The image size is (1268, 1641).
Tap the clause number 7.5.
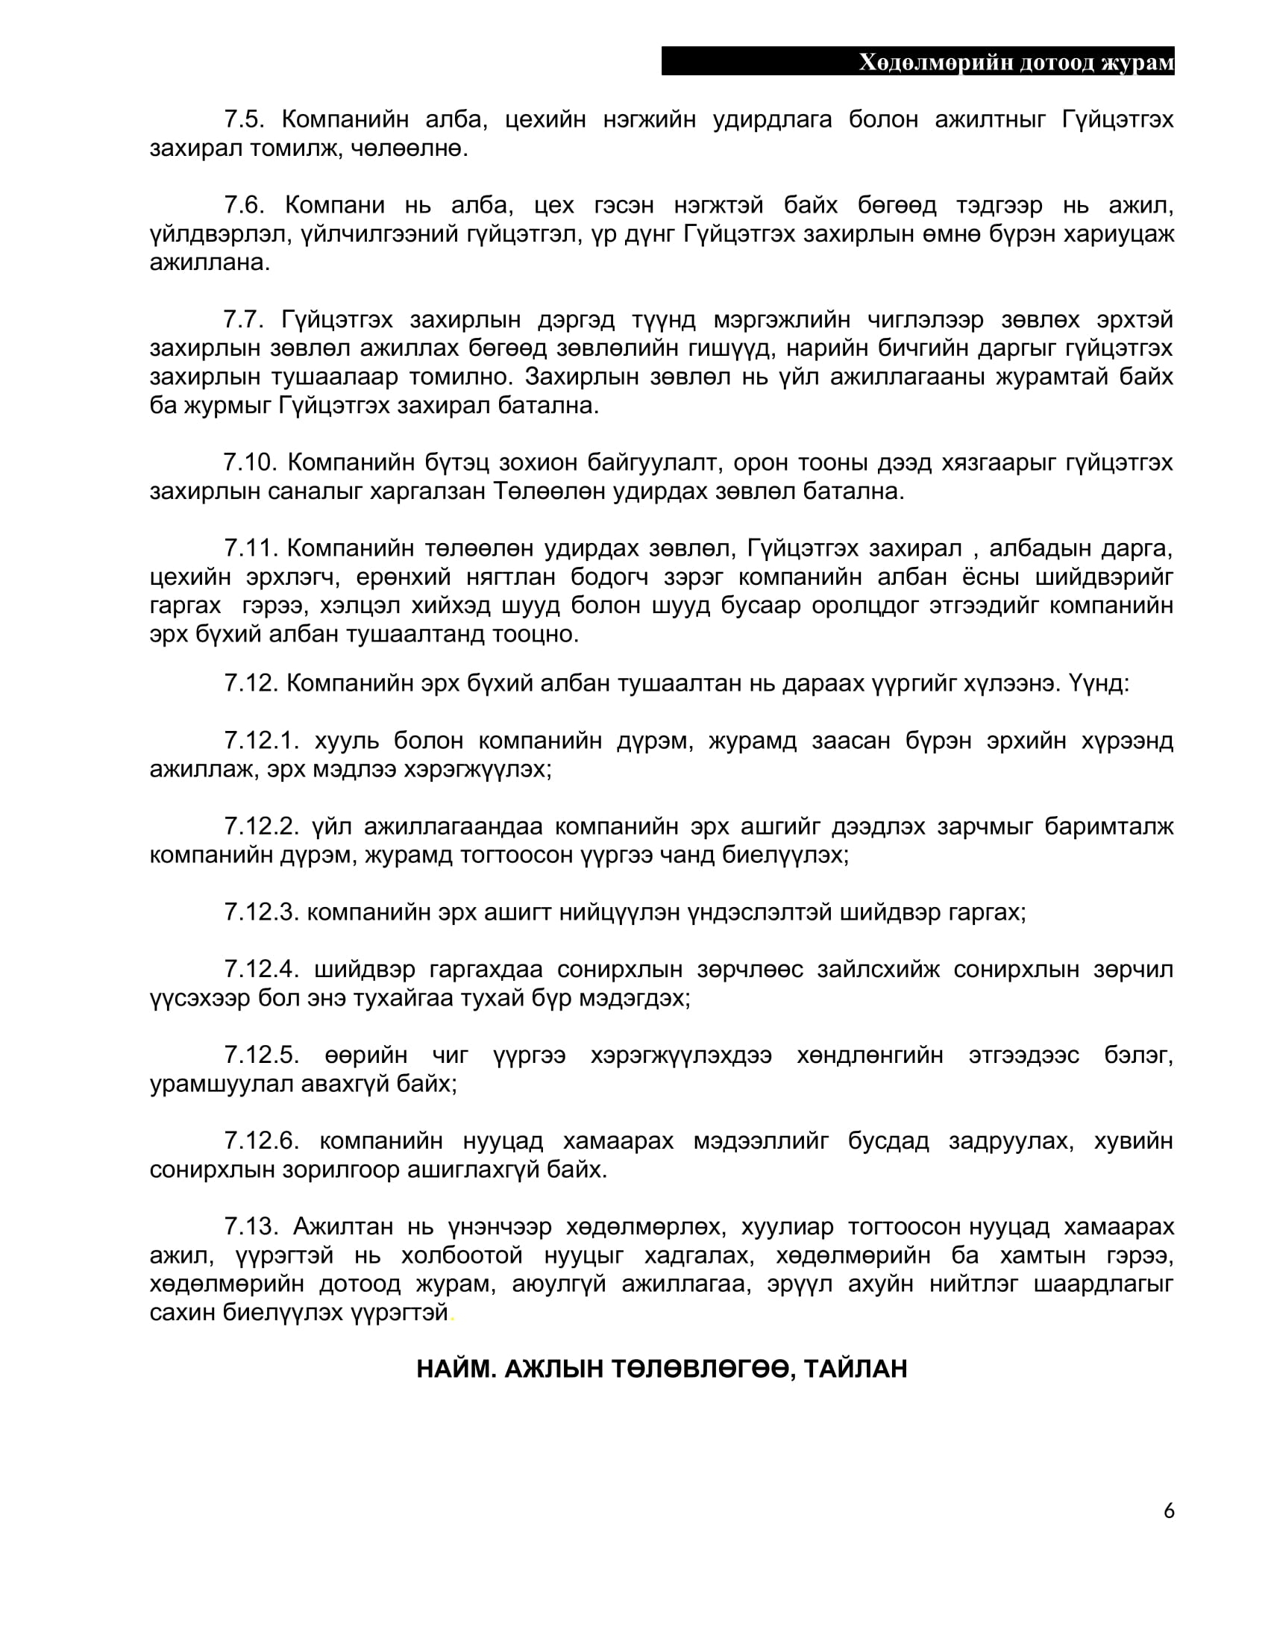(x=243, y=119)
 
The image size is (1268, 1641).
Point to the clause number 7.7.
(x=243, y=320)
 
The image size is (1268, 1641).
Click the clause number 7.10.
(x=251, y=463)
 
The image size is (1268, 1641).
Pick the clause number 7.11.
(x=251, y=548)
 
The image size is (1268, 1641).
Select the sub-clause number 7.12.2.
(x=261, y=826)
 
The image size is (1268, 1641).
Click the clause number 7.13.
(x=251, y=1226)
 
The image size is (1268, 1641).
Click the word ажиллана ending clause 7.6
(x=210, y=263)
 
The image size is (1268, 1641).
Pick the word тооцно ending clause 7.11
(x=536, y=634)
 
